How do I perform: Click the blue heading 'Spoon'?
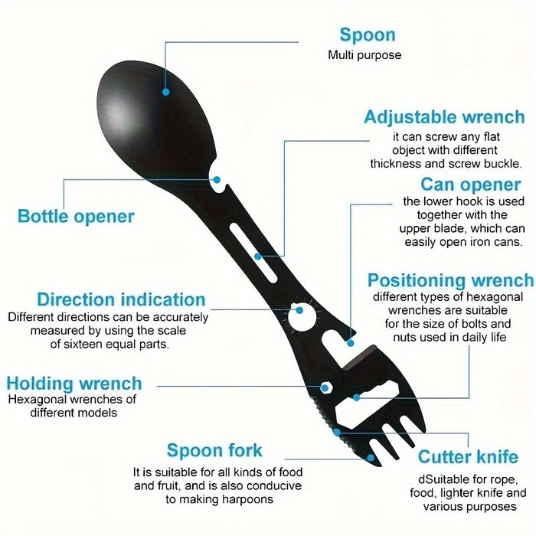coord(368,35)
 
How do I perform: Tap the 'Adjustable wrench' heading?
coord(444,117)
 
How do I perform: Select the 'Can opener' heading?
coord(471,185)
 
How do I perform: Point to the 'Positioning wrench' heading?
coord(450,280)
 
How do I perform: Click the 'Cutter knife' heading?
coord(468,456)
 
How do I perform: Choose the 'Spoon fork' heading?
coord(214,450)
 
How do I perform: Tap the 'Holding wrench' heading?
coord(74,384)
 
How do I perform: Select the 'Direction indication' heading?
coord(121,300)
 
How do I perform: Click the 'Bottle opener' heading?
coord(76,217)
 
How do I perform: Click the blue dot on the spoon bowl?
coord(166,92)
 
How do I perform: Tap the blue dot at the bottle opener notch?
coord(217,179)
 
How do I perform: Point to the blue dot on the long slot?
coord(258,256)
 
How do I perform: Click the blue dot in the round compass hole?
coord(299,310)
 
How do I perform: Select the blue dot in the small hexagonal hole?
coord(325,388)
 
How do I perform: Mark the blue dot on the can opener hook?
coord(351,343)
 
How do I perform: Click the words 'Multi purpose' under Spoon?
coord(364,55)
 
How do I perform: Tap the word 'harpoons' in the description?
coord(248,500)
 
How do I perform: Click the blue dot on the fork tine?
coord(371,458)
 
